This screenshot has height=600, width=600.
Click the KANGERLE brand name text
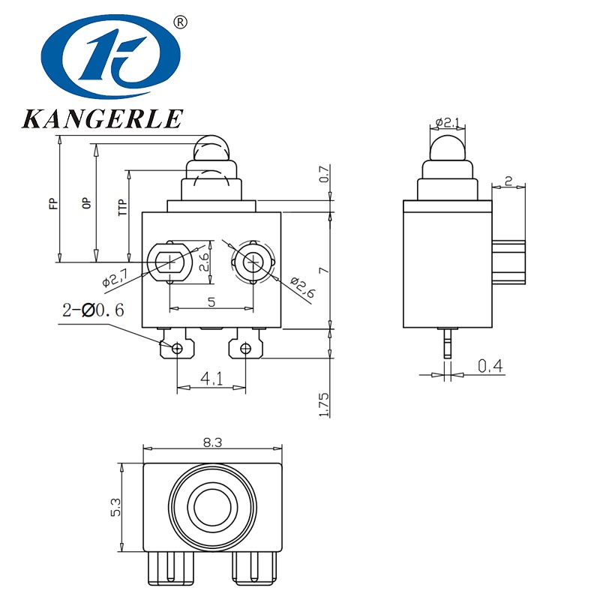click(103, 118)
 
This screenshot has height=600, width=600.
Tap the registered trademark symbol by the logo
click(181, 22)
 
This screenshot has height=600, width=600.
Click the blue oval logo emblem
click(110, 57)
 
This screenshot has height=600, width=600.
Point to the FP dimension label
click(54, 203)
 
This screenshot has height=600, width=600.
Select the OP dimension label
click(87, 203)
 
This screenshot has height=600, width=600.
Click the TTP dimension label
click(122, 208)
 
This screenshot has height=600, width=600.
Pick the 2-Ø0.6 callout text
click(93, 310)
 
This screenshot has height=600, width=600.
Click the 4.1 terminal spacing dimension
click(211, 379)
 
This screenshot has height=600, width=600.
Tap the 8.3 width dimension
click(213, 442)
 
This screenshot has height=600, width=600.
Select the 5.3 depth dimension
click(116, 507)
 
